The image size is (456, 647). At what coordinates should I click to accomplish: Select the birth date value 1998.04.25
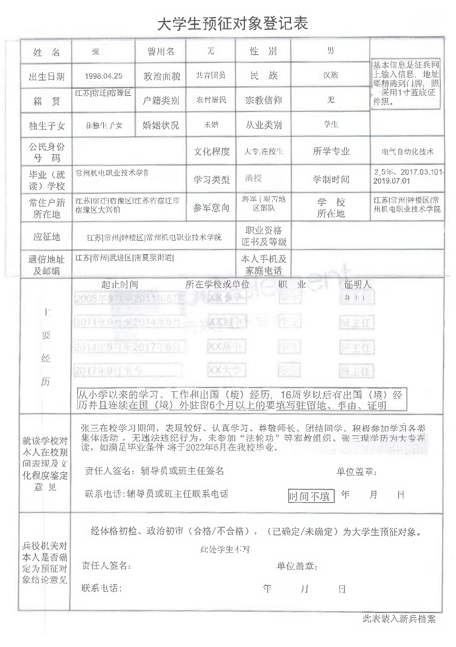point(104,76)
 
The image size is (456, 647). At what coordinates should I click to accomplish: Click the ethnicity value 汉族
point(330,75)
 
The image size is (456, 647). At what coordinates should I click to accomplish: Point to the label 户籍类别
point(161,100)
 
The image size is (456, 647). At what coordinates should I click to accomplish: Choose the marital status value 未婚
point(211,125)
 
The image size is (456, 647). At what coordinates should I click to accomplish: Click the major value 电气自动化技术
point(407,151)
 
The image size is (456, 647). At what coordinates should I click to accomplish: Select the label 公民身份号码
point(46,152)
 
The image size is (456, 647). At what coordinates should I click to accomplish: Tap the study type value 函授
point(253,178)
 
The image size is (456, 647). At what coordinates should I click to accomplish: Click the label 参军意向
point(211,208)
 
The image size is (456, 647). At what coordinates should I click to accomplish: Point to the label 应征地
point(46,236)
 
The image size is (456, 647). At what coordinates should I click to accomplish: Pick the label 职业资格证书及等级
point(264,236)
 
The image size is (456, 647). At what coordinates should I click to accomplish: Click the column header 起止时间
point(120,284)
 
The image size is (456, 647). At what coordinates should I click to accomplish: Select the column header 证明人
point(357,284)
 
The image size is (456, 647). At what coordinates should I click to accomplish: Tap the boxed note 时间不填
point(311,496)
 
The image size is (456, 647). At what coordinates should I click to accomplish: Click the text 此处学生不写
point(225,549)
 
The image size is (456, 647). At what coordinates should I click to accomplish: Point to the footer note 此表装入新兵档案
point(399,619)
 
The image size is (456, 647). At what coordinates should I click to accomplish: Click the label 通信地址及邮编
point(46,265)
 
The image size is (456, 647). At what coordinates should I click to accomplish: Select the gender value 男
point(330,51)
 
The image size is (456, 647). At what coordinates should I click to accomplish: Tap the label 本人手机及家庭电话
point(264,265)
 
